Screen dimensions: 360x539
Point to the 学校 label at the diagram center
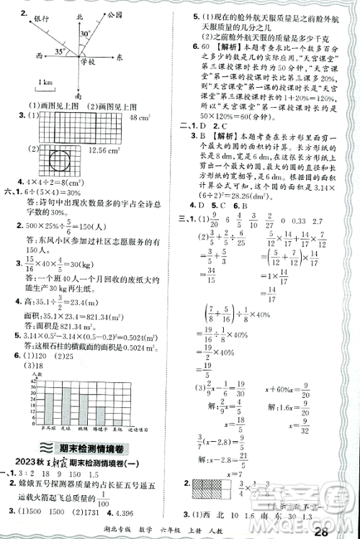tap(89, 64)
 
